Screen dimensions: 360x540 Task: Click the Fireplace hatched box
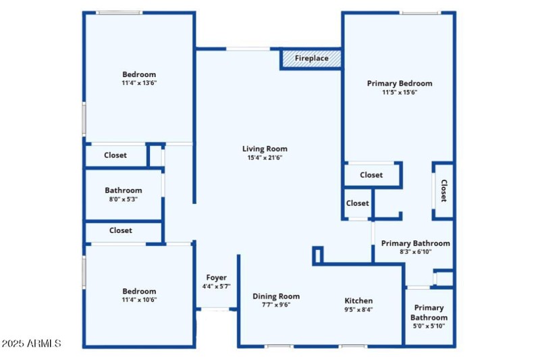pyautogui.click(x=310, y=59)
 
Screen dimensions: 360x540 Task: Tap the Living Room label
pyautogui.click(x=265, y=149)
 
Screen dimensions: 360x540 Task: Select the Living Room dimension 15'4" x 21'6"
pyautogui.click(x=265, y=158)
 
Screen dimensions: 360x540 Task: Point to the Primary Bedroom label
pyautogui.click(x=400, y=83)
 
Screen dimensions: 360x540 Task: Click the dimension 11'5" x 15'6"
pyautogui.click(x=400, y=93)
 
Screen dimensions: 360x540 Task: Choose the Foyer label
pyautogui.click(x=216, y=278)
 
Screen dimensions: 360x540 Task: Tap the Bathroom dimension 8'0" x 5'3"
pyautogui.click(x=123, y=200)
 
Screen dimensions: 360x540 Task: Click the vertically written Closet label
pyautogui.click(x=443, y=190)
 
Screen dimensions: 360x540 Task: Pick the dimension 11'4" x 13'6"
pyautogui.click(x=139, y=83)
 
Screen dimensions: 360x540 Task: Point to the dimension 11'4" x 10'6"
pyautogui.click(x=139, y=300)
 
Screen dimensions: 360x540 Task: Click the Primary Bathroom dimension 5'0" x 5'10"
pyautogui.click(x=429, y=327)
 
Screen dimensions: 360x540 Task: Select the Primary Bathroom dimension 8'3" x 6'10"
pyautogui.click(x=415, y=252)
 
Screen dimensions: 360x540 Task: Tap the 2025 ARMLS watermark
pyautogui.click(x=31, y=344)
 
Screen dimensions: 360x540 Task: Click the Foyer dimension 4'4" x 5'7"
pyautogui.click(x=216, y=286)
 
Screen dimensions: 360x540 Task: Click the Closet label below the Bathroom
pyautogui.click(x=121, y=230)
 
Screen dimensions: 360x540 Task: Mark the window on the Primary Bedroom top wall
pyautogui.click(x=420, y=12)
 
